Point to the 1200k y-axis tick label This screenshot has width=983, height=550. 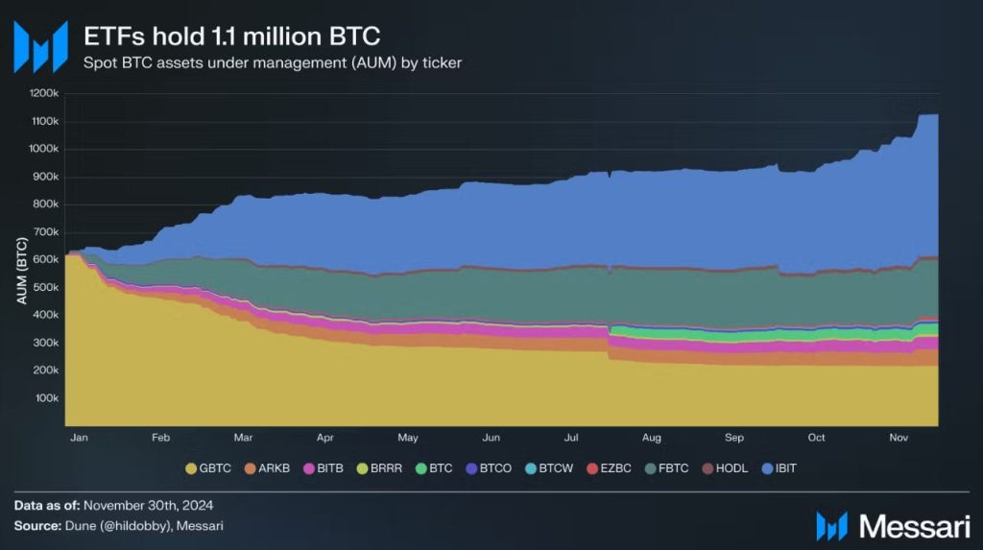click(44, 94)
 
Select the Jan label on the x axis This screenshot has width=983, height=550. click(79, 438)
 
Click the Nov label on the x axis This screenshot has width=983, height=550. click(899, 438)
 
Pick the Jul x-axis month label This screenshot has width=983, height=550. click(571, 438)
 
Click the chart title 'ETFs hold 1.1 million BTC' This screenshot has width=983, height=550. click(231, 36)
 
